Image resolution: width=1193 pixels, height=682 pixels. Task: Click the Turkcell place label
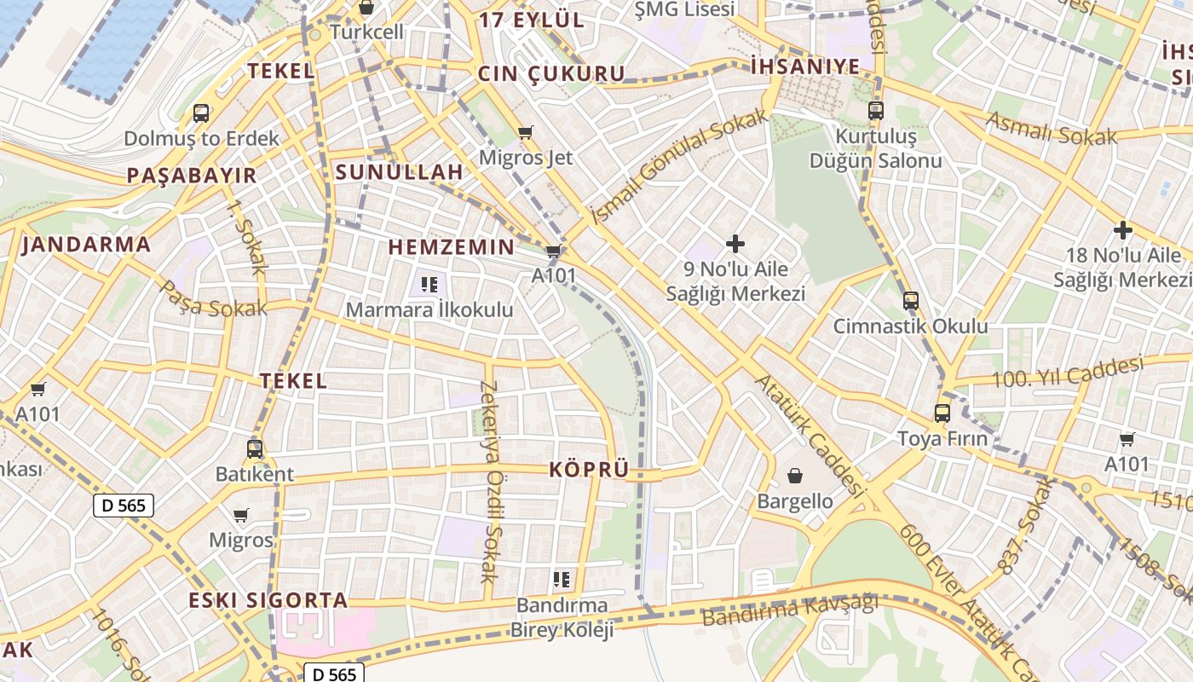pyautogui.click(x=366, y=32)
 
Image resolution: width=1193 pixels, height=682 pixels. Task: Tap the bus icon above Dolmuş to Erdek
pyautogui.click(x=201, y=113)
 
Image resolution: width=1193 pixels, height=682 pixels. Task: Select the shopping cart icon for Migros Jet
pyautogui.click(x=526, y=132)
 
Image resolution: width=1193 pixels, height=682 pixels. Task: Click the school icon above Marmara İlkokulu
pyautogui.click(x=429, y=284)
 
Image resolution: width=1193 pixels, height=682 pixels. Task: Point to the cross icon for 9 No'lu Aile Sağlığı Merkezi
pyautogui.click(x=735, y=244)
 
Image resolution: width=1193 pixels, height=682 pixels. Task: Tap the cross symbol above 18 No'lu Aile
pyautogui.click(x=1122, y=230)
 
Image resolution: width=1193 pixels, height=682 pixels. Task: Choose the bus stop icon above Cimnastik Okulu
pyautogui.click(x=910, y=300)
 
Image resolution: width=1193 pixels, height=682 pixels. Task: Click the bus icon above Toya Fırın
pyautogui.click(x=942, y=413)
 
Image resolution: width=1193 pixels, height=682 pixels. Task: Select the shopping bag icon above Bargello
pyautogui.click(x=795, y=475)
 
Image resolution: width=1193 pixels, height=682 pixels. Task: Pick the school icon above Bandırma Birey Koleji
pyautogui.click(x=561, y=581)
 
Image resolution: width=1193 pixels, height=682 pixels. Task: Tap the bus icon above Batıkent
pyautogui.click(x=254, y=448)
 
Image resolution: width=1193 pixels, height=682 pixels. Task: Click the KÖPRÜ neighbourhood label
pyautogui.click(x=589, y=470)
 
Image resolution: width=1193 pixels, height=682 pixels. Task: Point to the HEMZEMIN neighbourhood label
pyautogui.click(x=452, y=247)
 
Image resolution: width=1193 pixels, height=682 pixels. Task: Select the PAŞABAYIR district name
pyautogui.click(x=192, y=176)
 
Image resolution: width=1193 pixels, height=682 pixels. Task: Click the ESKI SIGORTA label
pyautogui.click(x=268, y=600)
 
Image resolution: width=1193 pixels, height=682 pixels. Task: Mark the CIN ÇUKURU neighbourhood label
pyautogui.click(x=551, y=74)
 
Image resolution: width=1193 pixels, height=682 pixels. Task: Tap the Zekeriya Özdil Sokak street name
pyautogui.click(x=488, y=482)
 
